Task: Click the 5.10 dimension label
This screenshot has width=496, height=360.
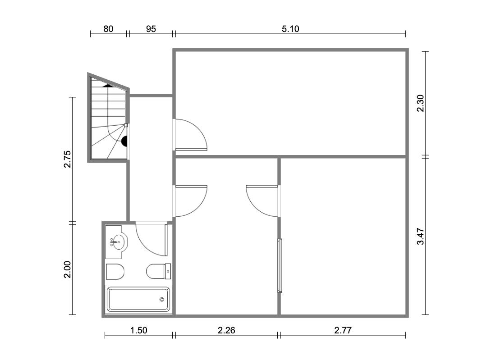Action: click(x=290, y=29)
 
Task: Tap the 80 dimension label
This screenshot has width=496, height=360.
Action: click(x=108, y=29)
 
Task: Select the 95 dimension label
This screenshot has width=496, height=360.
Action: click(x=151, y=29)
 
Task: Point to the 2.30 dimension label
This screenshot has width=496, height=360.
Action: click(x=420, y=103)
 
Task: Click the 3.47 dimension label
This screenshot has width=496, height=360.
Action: click(x=420, y=237)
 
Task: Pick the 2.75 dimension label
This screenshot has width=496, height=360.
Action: click(x=67, y=159)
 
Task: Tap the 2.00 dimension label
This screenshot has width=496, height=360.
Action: click(x=67, y=269)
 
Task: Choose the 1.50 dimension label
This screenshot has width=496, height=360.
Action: click(x=138, y=331)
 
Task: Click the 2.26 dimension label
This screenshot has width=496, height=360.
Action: click(x=226, y=331)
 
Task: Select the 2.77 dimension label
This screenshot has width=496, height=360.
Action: click(x=343, y=331)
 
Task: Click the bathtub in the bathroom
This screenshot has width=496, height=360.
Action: click(x=138, y=299)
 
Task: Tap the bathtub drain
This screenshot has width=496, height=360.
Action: click(x=161, y=299)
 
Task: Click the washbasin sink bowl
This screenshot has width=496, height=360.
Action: click(x=119, y=242)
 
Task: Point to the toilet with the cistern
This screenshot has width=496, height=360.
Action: click(x=158, y=271)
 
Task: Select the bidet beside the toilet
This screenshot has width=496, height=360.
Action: click(x=115, y=272)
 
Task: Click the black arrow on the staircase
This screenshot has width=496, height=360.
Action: click(x=108, y=85)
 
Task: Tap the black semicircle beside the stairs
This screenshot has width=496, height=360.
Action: click(x=124, y=141)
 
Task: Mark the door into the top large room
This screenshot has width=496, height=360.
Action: click(x=191, y=134)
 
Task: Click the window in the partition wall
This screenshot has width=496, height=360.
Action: click(x=280, y=266)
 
